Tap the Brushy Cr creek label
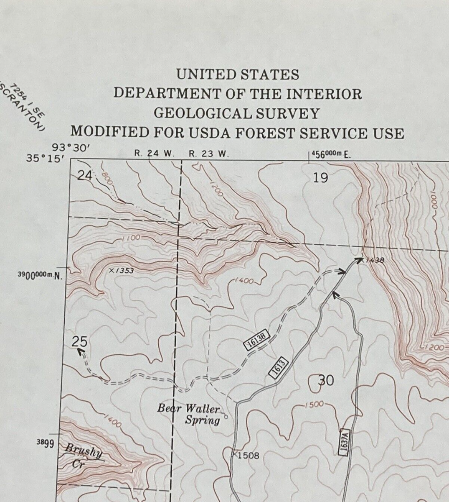[x=83, y=457]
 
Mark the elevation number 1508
[x=248, y=455]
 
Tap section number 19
[x=320, y=178]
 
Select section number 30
[x=326, y=380]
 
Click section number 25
[x=79, y=341]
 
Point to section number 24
[x=85, y=176]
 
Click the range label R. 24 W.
[x=154, y=153]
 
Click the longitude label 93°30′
[x=70, y=147]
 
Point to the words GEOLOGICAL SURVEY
[x=237, y=113]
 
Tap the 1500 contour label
[x=315, y=405]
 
